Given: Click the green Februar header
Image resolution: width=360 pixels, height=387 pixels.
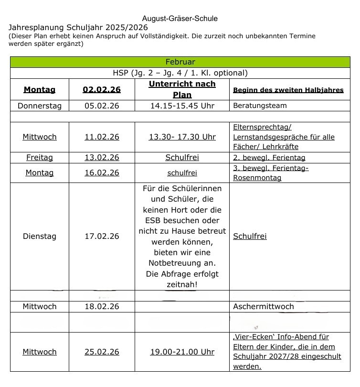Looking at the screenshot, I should (x=180, y=62).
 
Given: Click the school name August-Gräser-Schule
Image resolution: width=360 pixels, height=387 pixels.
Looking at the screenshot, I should (x=180, y=19).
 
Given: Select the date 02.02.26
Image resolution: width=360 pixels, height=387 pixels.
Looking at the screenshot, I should (x=102, y=89).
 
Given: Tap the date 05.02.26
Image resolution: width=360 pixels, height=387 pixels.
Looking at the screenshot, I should (x=102, y=106).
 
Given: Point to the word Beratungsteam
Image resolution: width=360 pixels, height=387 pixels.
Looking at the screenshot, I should (x=260, y=106).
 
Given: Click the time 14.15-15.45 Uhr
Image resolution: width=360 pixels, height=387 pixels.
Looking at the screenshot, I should (x=182, y=106).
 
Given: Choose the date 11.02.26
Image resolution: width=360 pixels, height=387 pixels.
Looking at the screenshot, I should (x=102, y=137).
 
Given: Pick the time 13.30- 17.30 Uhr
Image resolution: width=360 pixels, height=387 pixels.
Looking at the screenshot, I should (x=182, y=137).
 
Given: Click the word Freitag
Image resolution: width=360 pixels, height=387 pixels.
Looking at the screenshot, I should (x=40, y=157).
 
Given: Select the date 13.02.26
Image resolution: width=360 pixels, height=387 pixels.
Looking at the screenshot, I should (x=102, y=157).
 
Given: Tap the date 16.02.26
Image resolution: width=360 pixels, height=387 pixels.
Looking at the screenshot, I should (x=102, y=172).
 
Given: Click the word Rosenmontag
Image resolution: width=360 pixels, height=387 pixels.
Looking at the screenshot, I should (x=257, y=178).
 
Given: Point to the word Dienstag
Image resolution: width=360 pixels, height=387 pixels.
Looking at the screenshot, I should (x=40, y=236).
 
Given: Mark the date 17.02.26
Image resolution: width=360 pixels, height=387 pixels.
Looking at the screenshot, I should (x=102, y=236).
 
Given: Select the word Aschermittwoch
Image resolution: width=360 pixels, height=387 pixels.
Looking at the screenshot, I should (x=264, y=306).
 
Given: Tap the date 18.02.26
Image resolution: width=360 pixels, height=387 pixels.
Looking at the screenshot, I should (x=102, y=306).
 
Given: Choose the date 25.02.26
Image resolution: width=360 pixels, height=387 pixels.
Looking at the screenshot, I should (x=102, y=352).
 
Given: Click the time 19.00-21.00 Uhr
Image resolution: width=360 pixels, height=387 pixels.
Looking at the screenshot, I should (x=182, y=352).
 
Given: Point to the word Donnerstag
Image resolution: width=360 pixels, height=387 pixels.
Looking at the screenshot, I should (x=40, y=106).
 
